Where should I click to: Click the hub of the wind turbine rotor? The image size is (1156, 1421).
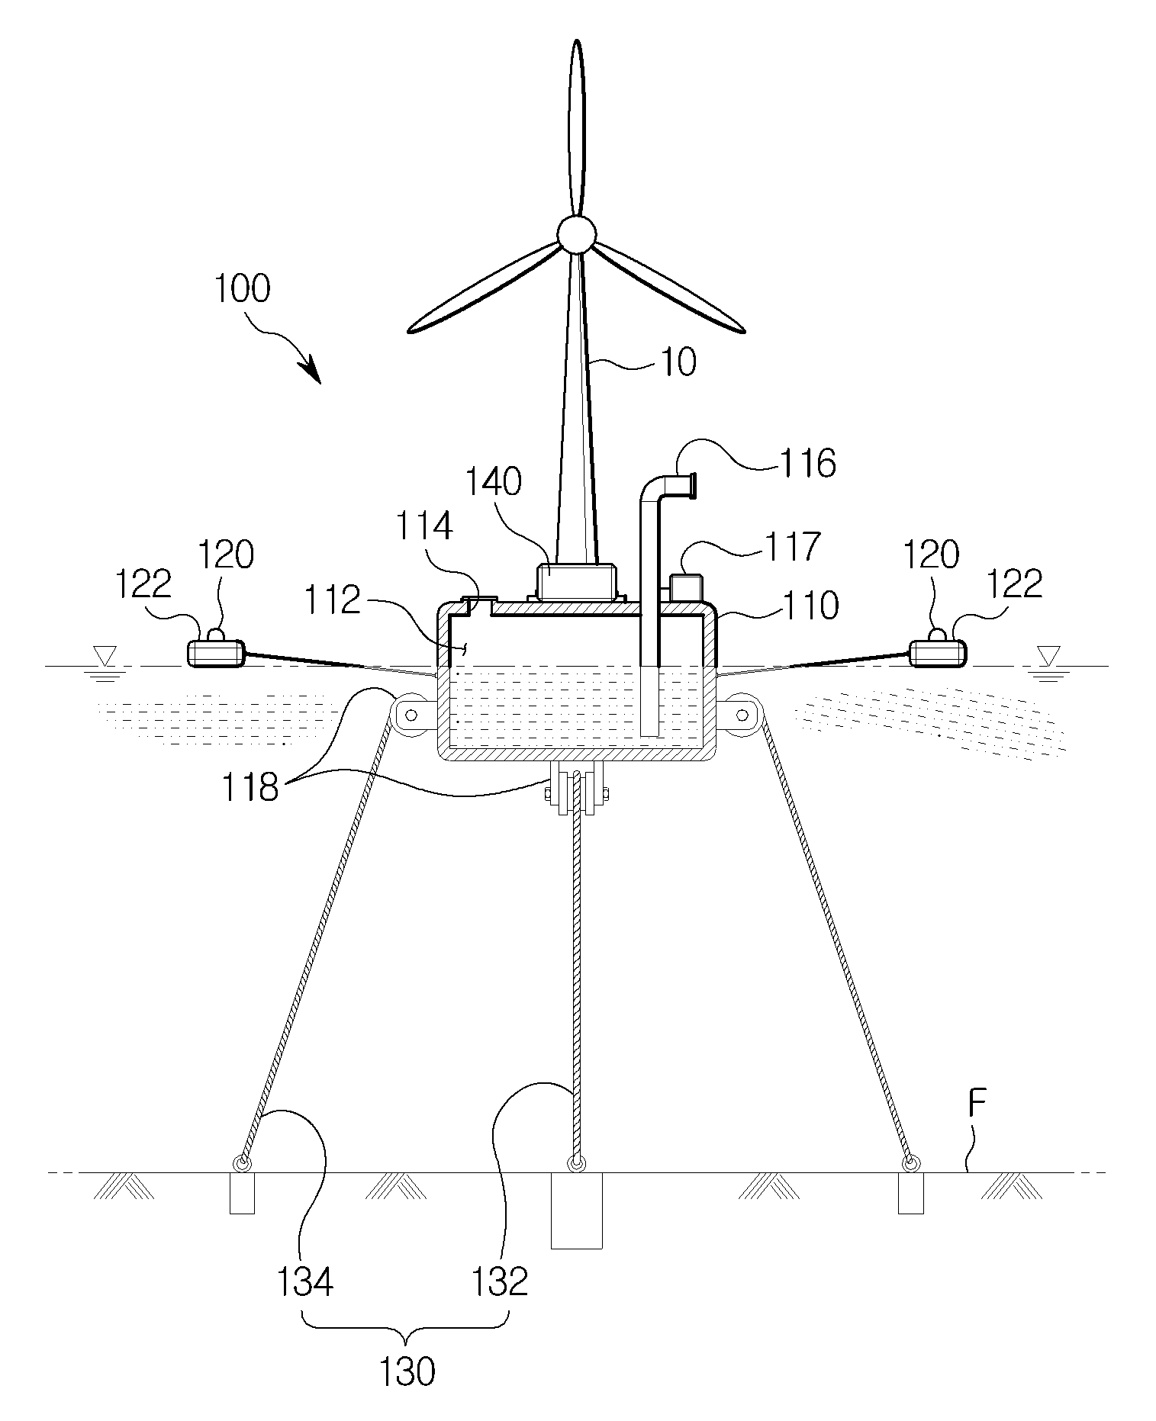[575, 233]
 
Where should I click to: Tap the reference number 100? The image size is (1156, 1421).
[242, 290]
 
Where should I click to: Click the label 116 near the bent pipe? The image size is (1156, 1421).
[807, 463]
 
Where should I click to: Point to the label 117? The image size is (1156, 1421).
[791, 547]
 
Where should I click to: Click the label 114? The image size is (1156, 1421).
[425, 526]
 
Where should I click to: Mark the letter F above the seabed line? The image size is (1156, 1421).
[978, 1107]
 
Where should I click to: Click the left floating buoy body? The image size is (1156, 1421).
[216, 653]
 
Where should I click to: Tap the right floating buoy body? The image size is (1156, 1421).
[938, 653]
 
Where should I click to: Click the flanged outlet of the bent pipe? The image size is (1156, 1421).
[691, 486]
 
